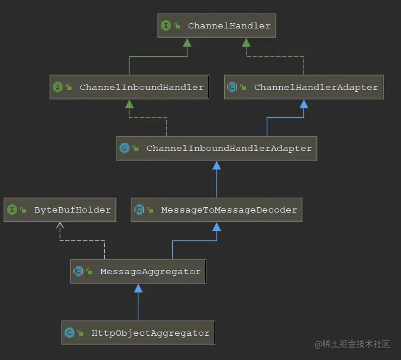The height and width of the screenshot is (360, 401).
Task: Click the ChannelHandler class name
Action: [229, 25]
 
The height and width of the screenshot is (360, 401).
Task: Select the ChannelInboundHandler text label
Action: [142, 87]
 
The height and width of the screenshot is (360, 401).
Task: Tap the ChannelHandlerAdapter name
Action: [316, 87]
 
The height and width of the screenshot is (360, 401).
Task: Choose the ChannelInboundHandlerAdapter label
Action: [229, 148]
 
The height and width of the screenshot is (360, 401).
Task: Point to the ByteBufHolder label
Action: [73, 210]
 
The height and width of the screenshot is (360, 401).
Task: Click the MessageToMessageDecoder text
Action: [229, 210]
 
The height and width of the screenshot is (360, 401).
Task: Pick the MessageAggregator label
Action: [150, 271]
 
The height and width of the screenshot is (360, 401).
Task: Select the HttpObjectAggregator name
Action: [151, 333]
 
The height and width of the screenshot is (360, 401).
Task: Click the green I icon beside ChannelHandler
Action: [166, 25]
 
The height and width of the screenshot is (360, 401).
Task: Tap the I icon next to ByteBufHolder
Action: [12, 210]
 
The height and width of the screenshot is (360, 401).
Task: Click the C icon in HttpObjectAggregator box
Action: [69, 333]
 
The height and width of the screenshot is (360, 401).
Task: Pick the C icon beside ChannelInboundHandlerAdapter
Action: [124, 148]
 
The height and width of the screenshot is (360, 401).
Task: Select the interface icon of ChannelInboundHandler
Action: [57, 87]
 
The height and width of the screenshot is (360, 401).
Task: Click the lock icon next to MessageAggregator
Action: [89, 271]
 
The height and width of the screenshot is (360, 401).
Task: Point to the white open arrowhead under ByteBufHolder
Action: [60, 225]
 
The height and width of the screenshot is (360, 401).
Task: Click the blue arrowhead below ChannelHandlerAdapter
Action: [304, 104]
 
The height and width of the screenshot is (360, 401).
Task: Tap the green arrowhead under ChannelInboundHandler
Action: [130, 104]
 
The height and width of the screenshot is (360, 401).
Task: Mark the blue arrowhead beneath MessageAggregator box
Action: [138, 288]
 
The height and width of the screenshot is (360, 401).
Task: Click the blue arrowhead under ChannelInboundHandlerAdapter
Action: [216, 165]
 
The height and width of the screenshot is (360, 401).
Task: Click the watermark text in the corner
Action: [352, 344]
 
